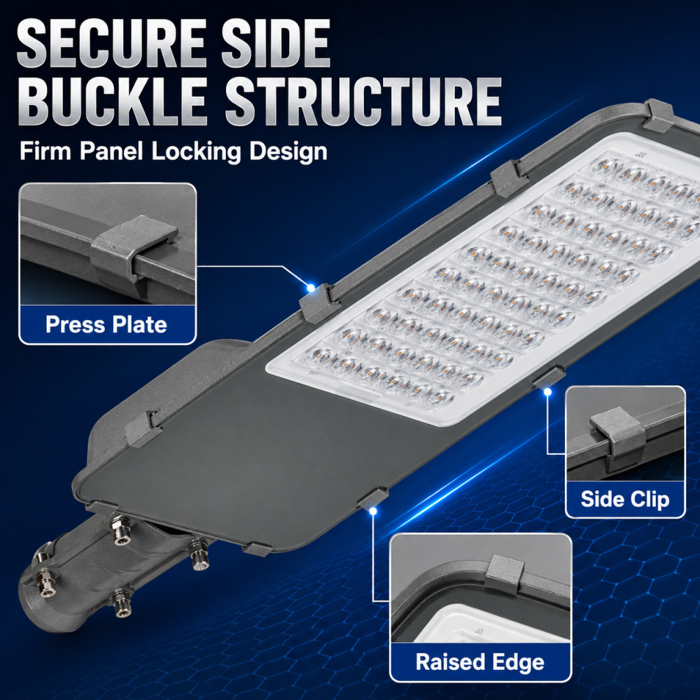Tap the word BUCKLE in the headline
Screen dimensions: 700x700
click(x=112, y=101)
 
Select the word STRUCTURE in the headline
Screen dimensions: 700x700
click(x=363, y=101)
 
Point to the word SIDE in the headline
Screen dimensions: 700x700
click(x=276, y=43)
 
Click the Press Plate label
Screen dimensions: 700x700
click(x=106, y=325)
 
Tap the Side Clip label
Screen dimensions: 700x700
click(x=625, y=499)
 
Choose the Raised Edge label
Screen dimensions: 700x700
click(x=480, y=662)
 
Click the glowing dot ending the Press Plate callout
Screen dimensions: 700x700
click(x=311, y=288)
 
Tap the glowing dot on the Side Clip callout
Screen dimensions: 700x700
click(x=547, y=391)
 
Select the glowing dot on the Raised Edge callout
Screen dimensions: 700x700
click(x=373, y=511)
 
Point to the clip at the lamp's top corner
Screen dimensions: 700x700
click(x=657, y=115)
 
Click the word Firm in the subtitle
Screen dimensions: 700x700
click(x=45, y=151)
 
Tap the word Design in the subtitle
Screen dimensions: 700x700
click(x=288, y=152)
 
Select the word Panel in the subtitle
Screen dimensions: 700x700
click(x=111, y=151)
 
